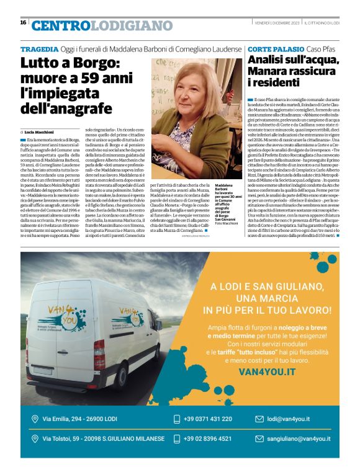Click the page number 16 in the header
point(23,22)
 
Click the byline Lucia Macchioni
point(41,132)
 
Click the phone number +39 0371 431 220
point(207,419)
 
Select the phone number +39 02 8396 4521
point(207,438)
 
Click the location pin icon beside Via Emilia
point(35,419)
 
